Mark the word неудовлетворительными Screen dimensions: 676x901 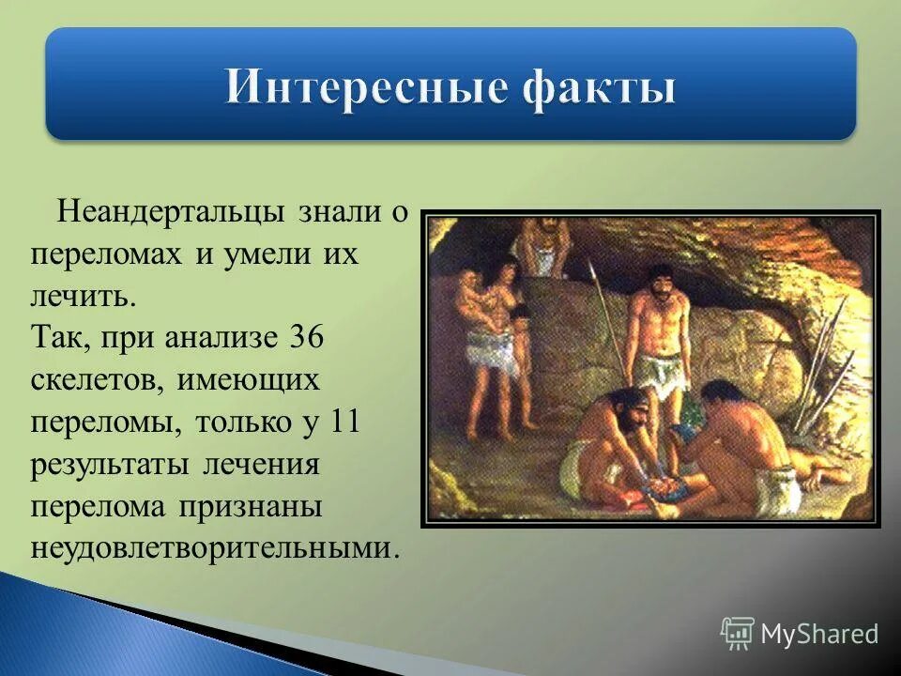click(x=209, y=546)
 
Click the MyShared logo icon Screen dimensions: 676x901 click(x=738, y=634)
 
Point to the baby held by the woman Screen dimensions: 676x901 click(x=469, y=299)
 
